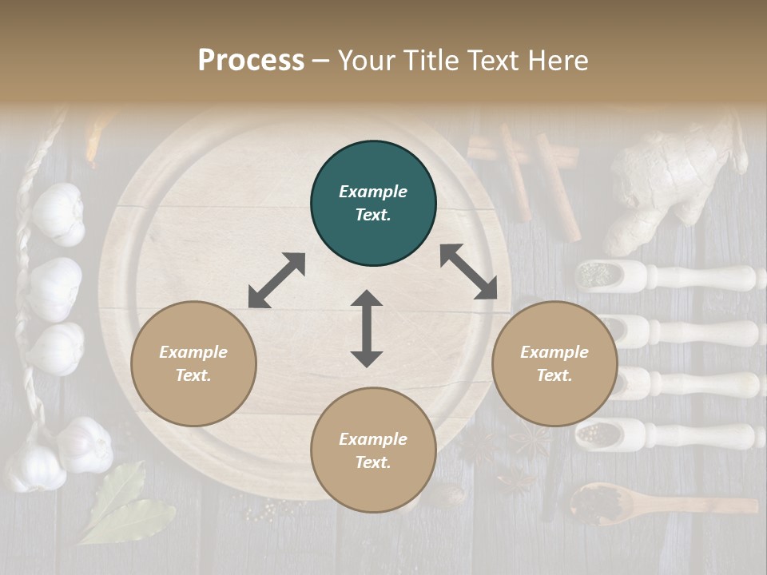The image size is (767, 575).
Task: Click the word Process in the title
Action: (251, 61)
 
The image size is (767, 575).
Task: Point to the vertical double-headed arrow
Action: (367, 329)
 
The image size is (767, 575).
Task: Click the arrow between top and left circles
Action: (276, 280)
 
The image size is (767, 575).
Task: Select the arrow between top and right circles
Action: (468, 272)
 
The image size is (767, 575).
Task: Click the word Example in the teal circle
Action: (373, 192)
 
